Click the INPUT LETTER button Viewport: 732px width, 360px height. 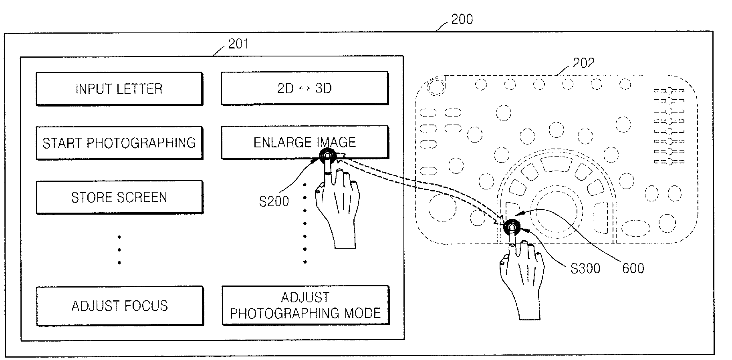pos(119,88)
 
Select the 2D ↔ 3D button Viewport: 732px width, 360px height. pos(304,88)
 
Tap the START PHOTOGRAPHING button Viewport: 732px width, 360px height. pos(119,143)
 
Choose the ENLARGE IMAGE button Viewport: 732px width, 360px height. pos(304,142)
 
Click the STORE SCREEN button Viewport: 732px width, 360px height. pos(119,197)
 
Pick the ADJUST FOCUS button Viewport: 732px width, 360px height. pos(120,306)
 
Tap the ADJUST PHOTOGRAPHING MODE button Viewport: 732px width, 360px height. pos(306,305)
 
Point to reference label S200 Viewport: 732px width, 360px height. pos(274,201)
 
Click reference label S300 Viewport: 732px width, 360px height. pos(585,268)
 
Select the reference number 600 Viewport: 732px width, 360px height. pos(633,268)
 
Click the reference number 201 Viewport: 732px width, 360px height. pos(238,44)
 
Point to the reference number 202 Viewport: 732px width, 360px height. pos(583,63)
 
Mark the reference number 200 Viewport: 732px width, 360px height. pos(462,19)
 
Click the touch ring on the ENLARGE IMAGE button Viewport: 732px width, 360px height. pos(328,156)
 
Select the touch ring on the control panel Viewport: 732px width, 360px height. pos(512,227)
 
